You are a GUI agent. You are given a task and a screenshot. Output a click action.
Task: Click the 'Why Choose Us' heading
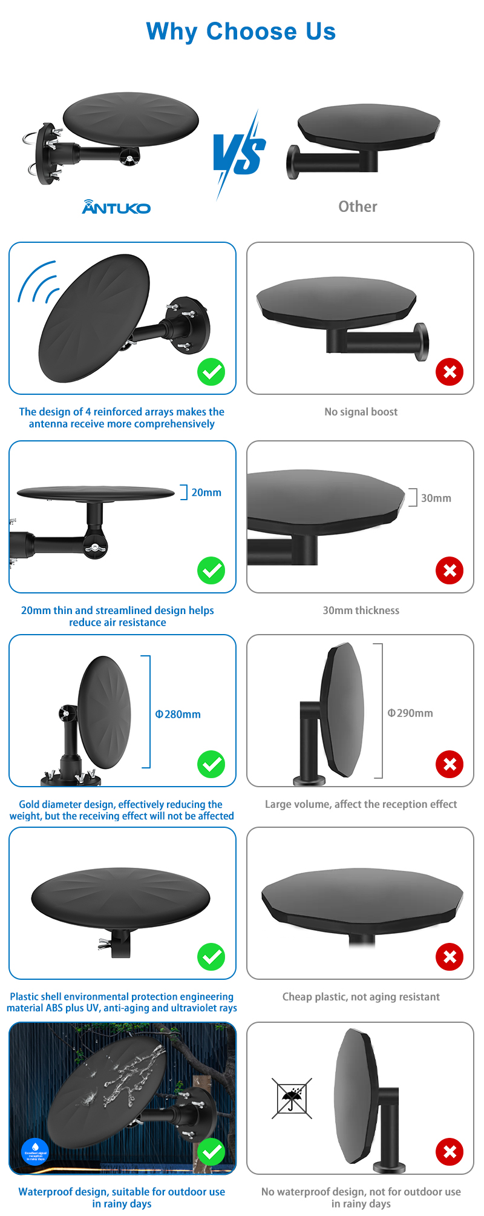(241, 31)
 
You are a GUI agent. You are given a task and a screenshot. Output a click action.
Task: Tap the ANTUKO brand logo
(116, 207)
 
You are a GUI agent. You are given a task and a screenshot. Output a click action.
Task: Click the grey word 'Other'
(358, 207)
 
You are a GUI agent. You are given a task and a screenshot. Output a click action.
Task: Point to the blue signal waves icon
(38, 282)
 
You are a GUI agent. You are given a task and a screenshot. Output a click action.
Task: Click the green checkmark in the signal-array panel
(211, 372)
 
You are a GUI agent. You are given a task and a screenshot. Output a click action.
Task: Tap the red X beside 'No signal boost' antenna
(450, 372)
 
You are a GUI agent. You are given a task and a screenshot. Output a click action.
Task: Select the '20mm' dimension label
(206, 492)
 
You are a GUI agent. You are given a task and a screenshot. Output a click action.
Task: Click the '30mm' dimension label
(436, 498)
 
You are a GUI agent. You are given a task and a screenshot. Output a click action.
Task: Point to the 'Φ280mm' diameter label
(178, 714)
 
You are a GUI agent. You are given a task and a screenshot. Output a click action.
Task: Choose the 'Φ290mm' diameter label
(410, 713)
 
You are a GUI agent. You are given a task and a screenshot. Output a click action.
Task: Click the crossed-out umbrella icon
(292, 1098)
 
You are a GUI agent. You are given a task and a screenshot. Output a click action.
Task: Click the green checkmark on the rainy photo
(211, 1151)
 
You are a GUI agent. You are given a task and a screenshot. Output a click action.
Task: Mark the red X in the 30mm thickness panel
(450, 570)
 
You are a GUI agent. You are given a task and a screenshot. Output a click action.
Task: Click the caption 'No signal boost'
(361, 412)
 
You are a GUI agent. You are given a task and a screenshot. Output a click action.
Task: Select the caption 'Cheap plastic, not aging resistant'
(361, 997)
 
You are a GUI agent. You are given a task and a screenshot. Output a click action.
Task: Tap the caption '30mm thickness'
(361, 610)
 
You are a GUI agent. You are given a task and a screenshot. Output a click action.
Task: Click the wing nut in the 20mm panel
(96, 547)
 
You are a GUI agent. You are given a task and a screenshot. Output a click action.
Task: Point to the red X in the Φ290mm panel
(450, 764)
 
